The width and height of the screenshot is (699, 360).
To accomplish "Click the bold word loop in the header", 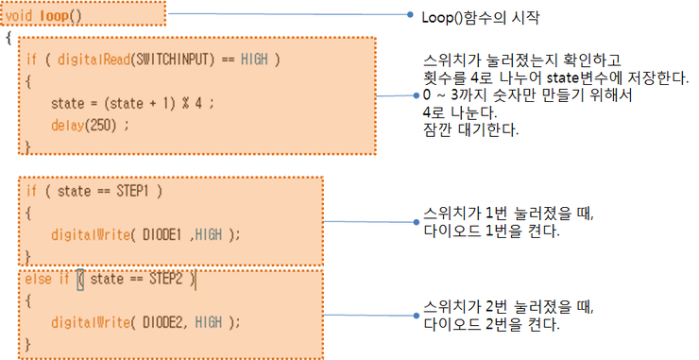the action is [x=54, y=16].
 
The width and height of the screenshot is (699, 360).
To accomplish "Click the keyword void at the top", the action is [x=19, y=16].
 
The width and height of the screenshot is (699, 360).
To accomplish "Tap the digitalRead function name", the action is [x=94, y=60].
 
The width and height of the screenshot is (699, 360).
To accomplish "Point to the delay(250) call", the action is [x=84, y=126].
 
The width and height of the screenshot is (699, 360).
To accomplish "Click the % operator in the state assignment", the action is [x=185, y=104].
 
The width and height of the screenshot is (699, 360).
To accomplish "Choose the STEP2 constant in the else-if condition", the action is [x=166, y=279].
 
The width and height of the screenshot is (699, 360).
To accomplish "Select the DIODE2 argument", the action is [x=162, y=322].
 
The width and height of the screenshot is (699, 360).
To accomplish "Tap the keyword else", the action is [x=38, y=279].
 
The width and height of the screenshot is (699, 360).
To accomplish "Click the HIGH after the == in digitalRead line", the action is [x=254, y=59].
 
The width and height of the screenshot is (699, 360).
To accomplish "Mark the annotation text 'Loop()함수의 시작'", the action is [x=481, y=17].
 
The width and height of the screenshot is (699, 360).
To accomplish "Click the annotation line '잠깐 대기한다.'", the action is [x=470, y=129].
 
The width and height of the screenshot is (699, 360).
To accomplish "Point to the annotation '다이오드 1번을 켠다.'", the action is [x=491, y=231].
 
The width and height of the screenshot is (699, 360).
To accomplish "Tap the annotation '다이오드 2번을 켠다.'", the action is [x=491, y=324].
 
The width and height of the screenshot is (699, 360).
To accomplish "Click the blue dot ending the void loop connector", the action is [x=410, y=14].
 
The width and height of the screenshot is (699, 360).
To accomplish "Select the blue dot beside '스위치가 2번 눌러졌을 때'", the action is [x=417, y=316].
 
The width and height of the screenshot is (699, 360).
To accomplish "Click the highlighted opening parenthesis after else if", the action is [x=80, y=280].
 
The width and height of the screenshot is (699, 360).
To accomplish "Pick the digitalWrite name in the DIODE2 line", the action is [x=91, y=322].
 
